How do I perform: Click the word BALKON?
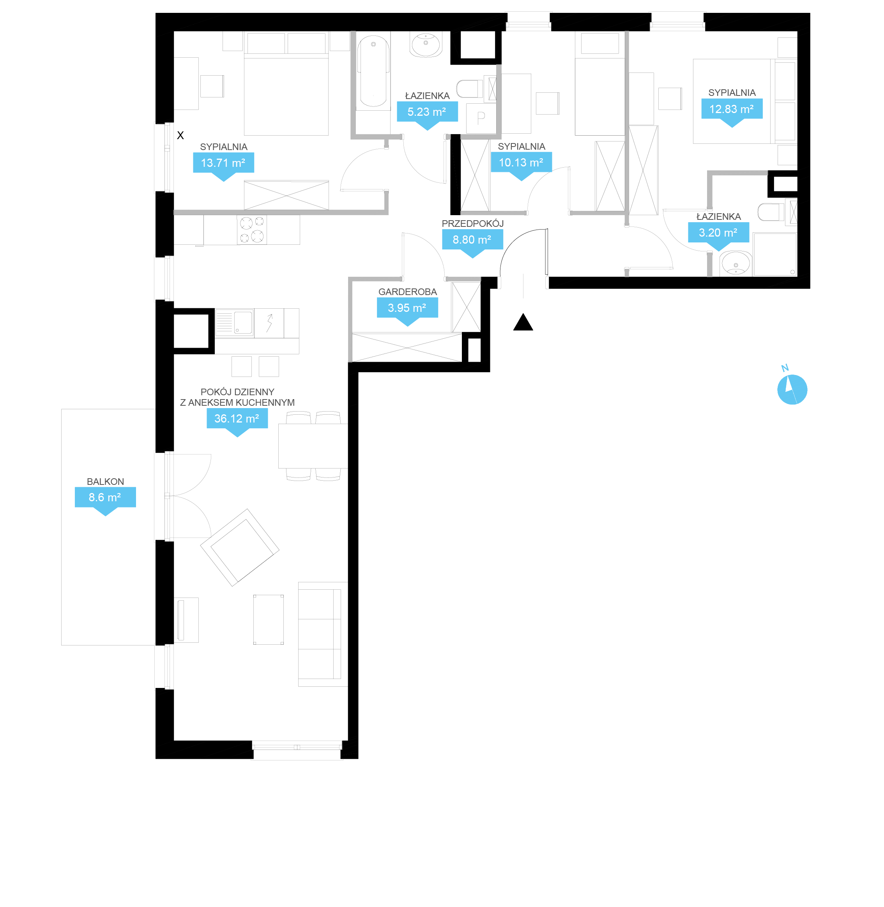tap(105, 482)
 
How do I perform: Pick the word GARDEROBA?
tap(408, 292)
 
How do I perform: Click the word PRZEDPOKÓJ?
tap(473, 223)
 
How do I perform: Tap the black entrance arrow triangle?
tap(523, 322)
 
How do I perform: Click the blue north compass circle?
tap(792, 389)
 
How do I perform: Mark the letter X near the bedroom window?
tap(180, 135)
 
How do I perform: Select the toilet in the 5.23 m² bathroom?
tap(469, 88)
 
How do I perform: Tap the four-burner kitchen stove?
tap(252, 230)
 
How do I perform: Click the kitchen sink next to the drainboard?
tap(243, 322)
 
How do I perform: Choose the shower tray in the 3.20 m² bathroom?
tap(775, 255)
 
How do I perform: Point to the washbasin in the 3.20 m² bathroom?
tap(735, 263)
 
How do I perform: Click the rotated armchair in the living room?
tap(240, 547)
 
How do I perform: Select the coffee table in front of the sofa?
tap(268, 619)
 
